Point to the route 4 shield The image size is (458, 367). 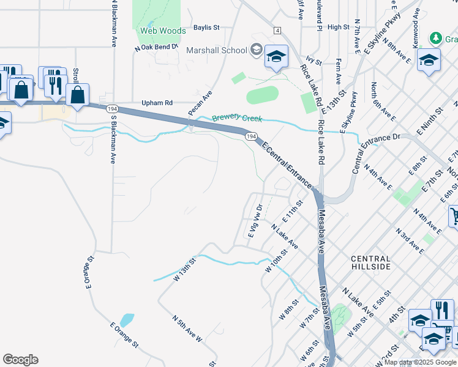(277, 31)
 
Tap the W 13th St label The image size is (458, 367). (184, 269)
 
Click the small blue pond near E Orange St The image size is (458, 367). (127, 320)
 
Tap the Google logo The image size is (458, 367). (20, 360)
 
